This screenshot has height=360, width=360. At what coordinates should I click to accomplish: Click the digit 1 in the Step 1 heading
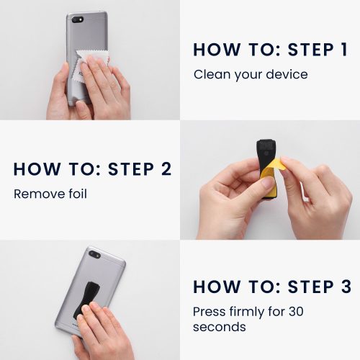tap(344, 50)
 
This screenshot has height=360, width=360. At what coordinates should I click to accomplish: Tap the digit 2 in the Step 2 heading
tap(166, 169)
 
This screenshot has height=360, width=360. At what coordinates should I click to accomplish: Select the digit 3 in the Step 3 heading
tap(346, 287)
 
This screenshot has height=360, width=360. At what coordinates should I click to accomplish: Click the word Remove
tap(40, 194)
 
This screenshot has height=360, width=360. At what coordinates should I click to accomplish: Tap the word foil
tap(78, 194)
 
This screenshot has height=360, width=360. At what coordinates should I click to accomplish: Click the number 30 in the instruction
tap(296, 312)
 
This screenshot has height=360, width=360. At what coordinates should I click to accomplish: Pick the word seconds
tap(220, 327)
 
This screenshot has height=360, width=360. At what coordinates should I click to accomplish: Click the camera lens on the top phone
tap(76, 19)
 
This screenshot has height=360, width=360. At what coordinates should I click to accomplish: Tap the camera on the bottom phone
tap(94, 254)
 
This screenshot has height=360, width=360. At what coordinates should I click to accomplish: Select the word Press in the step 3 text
tap(210, 312)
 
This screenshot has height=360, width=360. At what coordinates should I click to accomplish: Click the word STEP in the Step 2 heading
tap(131, 169)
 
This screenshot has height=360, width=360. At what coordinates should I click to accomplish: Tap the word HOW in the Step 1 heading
tap(217, 50)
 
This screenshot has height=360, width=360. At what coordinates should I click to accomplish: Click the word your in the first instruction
tap(248, 76)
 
